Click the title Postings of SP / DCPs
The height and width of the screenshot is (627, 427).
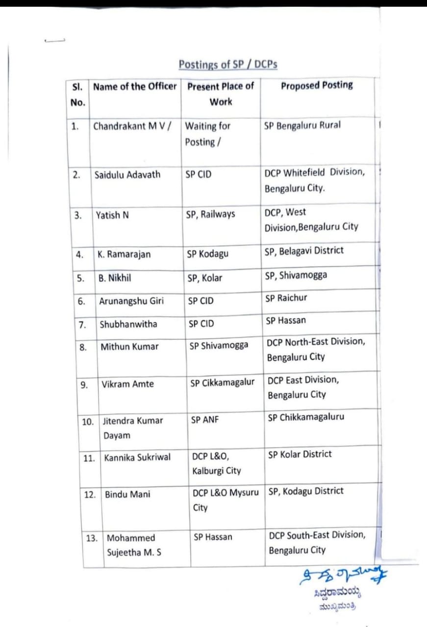pyautogui.click(x=228, y=65)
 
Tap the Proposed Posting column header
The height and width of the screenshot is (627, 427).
pyautogui.click(x=317, y=85)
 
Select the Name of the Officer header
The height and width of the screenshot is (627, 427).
pyautogui.click(x=135, y=87)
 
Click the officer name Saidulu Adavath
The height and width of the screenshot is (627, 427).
pyautogui.click(x=127, y=174)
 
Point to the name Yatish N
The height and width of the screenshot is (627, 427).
pyautogui.click(x=112, y=215)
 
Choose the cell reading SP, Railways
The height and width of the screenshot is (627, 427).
pyautogui.click(x=210, y=214)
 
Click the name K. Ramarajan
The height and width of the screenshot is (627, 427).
pyautogui.click(x=124, y=254)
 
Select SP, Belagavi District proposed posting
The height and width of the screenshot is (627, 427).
pyautogui.click(x=304, y=251)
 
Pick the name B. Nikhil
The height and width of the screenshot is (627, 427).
pyautogui.click(x=114, y=278)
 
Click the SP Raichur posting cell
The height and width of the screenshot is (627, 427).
pyautogui.click(x=286, y=298)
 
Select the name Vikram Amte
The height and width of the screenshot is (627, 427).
pyautogui.click(x=127, y=384)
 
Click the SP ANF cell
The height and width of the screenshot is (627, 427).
pyautogui.click(x=205, y=420)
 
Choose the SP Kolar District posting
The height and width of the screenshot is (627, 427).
pyautogui.click(x=300, y=455)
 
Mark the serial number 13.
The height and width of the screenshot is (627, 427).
pyautogui.click(x=92, y=538)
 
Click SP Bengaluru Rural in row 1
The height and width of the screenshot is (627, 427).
pyautogui.click(x=302, y=125)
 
